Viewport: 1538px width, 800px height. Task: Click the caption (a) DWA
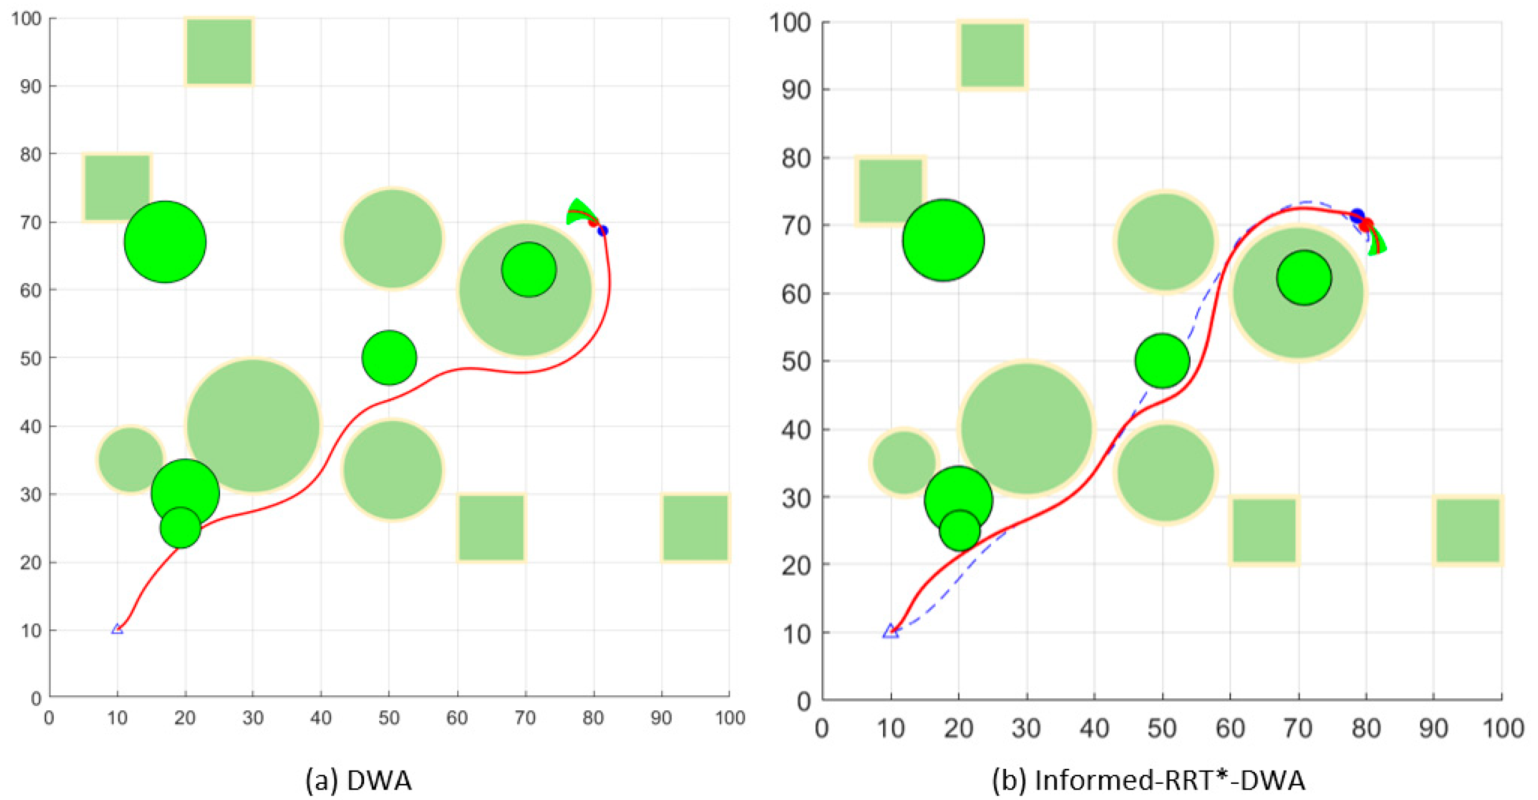click(359, 780)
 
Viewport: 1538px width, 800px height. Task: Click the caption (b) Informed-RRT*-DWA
click(1148, 780)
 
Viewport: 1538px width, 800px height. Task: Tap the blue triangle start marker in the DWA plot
click(117, 629)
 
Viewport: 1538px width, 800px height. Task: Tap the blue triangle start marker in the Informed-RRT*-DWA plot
click(890, 631)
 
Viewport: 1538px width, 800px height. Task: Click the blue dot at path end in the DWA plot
click(603, 231)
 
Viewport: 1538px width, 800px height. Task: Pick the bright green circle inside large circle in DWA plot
click(529, 270)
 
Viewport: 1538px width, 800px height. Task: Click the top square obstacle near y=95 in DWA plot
click(219, 51)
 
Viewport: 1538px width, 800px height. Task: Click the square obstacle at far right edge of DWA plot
click(695, 528)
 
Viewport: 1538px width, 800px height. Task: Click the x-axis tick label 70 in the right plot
click(1298, 728)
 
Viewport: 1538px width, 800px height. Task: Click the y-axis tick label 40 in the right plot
click(796, 429)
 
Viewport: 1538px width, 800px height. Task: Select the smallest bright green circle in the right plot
click(959, 531)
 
